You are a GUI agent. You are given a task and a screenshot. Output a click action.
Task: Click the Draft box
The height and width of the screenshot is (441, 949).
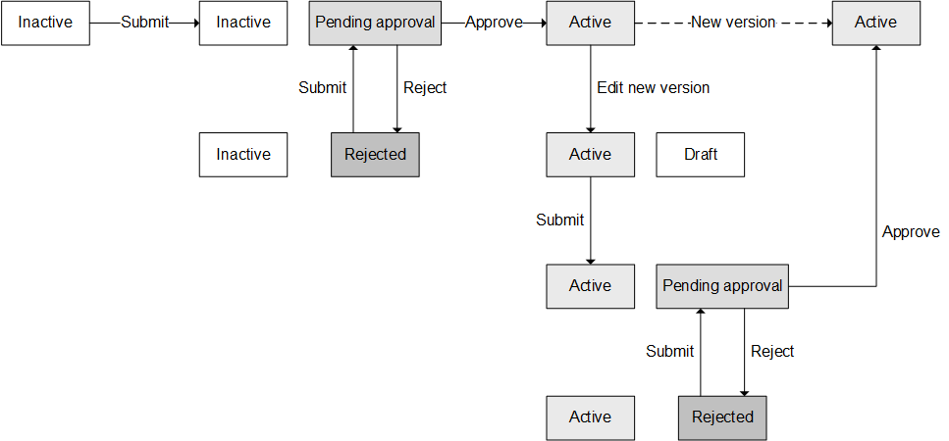(700, 155)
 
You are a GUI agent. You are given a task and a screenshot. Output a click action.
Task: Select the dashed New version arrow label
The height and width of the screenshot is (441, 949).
(733, 22)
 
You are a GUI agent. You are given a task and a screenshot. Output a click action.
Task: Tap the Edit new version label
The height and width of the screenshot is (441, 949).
(653, 88)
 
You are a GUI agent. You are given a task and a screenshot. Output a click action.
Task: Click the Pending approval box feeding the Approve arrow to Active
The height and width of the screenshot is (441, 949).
(375, 23)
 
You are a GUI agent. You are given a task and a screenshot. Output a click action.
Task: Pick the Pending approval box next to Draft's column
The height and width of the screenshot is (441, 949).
(722, 286)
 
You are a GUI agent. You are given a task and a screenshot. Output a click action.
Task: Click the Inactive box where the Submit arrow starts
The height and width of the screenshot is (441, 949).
(45, 23)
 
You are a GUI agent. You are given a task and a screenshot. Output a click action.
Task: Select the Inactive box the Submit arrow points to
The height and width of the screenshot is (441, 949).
(243, 23)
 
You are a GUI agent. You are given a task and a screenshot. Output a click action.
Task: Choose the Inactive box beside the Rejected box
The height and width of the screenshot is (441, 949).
(243, 155)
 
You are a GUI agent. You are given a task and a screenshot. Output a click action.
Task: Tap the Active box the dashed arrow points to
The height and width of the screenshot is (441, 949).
(875, 23)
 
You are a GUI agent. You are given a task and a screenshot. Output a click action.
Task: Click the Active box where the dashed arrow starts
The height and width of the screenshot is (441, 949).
(590, 23)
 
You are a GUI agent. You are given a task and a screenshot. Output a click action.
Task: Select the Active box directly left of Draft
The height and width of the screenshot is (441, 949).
(590, 155)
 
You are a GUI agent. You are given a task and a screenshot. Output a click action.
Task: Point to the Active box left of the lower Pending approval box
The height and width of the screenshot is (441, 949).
(590, 286)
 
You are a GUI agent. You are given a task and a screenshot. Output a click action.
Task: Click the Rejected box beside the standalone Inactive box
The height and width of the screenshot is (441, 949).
(375, 155)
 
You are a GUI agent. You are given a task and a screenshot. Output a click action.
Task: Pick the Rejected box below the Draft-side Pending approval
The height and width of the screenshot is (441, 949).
(722, 417)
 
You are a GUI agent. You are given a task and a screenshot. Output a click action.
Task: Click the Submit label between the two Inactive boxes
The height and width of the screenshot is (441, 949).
(144, 23)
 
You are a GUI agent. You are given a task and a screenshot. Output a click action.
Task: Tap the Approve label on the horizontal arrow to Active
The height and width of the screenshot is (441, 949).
(494, 23)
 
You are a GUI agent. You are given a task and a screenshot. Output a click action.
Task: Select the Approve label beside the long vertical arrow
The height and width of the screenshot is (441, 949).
(911, 232)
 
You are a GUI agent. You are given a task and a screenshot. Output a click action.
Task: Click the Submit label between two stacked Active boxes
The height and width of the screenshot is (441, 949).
(559, 220)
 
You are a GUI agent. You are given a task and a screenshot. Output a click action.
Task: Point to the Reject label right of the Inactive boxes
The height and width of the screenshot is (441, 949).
(425, 88)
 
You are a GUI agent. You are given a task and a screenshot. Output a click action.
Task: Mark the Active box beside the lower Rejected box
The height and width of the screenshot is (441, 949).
(590, 417)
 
